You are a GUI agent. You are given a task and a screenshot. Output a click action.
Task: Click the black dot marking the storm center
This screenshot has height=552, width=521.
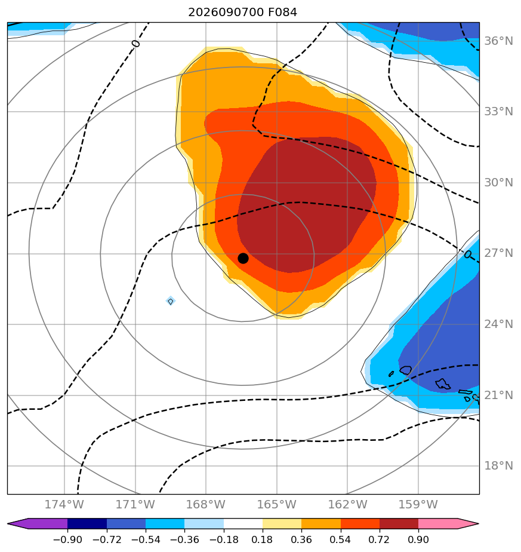[243, 259]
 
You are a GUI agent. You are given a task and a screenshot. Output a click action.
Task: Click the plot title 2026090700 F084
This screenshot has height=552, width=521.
[242, 13]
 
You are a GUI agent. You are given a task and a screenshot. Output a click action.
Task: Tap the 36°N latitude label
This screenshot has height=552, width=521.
[498, 41]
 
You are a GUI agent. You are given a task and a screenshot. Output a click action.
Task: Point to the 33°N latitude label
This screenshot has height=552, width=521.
[498, 112]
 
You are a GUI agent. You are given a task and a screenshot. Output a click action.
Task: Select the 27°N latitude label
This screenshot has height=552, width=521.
[498, 253]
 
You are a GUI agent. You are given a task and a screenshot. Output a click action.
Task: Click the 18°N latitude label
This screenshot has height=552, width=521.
[498, 466]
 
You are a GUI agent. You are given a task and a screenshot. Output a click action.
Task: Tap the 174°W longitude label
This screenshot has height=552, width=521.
[64, 504]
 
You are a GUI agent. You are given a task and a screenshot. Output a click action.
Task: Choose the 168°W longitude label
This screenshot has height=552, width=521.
[206, 504]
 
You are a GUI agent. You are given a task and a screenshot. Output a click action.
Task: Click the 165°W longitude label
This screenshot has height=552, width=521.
[277, 504]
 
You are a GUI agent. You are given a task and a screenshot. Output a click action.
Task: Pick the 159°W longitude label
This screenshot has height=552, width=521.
[418, 504]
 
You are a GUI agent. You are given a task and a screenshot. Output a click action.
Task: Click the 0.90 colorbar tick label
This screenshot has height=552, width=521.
[418, 539]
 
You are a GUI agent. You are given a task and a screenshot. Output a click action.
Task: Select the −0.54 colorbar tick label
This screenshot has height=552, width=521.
[145, 539]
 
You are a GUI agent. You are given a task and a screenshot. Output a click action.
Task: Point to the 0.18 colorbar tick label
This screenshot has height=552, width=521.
[263, 539]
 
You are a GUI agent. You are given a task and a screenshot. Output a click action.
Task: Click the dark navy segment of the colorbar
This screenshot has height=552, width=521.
[87, 523]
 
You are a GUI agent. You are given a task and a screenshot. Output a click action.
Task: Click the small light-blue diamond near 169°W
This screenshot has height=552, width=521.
[171, 301]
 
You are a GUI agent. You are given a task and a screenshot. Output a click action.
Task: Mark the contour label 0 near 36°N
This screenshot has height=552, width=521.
[136, 44]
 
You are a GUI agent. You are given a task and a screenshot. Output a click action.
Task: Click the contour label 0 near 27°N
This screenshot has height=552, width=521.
[467, 254]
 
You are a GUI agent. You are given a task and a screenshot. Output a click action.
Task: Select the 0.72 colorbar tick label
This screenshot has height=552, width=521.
[379, 539]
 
